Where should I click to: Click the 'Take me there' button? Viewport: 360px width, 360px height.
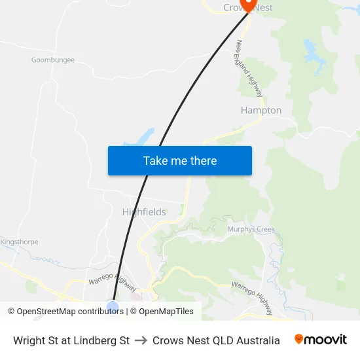[179, 160]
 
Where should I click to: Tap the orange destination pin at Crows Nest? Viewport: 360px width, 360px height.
[248, 5]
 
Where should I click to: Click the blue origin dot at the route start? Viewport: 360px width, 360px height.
[113, 307]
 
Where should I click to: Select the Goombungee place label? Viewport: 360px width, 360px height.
[53, 60]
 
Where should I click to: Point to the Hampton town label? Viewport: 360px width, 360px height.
[261, 110]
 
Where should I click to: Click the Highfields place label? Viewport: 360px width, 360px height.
[144, 212]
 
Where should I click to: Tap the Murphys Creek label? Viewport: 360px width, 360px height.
[251, 229]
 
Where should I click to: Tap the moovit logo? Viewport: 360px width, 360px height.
[321, 340]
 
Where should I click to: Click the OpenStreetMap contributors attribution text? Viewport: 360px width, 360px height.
[65, 312]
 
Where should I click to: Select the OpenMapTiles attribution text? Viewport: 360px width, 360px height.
[166, 312]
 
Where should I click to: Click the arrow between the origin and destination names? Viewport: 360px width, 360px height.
[141, 340]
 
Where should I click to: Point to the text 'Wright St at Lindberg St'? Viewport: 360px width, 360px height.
[71, 340]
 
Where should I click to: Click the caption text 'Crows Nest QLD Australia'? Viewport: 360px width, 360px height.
[216, 340]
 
